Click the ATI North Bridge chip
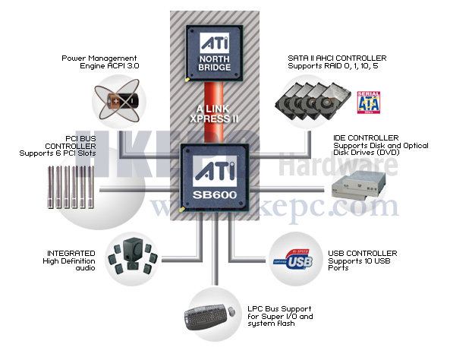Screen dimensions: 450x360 [215, 53]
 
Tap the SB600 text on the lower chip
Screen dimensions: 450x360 [215, 195]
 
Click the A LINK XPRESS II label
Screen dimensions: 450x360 [214, 114]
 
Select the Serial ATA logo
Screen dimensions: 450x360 [369, 103]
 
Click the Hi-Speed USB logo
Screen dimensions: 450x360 [293, 260]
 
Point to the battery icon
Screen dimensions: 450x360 [122, 100]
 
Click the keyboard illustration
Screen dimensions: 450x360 [206, 317]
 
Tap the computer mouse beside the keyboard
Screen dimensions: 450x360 [231, 311]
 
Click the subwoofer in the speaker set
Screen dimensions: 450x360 [132, 248]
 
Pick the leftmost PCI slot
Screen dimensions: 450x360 [51, 187]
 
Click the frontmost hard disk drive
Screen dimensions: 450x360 [333, 100]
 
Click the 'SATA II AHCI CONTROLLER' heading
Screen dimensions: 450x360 [337, 58]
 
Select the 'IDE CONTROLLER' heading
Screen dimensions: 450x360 [366, 138]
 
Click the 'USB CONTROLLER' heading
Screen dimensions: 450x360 [363, 254]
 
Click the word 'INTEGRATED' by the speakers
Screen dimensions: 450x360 [71, 254]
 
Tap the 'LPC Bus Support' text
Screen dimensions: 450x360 [279, 309]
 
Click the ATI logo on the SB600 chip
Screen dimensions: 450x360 [215, 172]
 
